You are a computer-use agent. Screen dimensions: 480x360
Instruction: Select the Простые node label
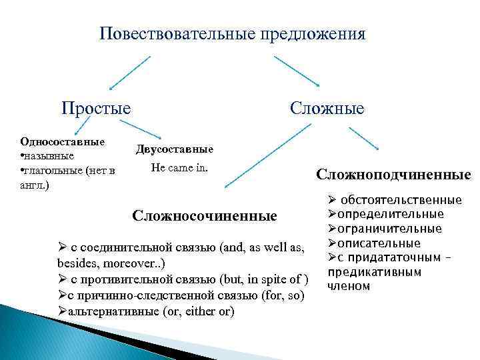pos(96,107)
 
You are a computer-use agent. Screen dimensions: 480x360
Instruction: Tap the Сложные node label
pos(327,107)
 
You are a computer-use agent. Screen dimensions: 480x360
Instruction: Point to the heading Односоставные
pos(63,142)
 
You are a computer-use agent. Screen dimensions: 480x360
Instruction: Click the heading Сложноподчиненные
pos(393,175)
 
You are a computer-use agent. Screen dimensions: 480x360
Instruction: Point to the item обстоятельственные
pos(401,200)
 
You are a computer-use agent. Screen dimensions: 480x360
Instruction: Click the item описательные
pos(379,243)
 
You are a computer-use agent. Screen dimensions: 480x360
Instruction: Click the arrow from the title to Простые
pos(129,72)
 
